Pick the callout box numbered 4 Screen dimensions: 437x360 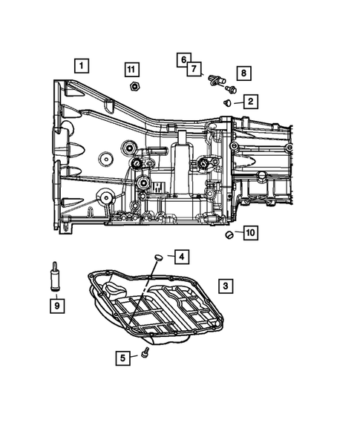[x=180, y=257]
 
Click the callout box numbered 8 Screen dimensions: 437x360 [x=243, y=73]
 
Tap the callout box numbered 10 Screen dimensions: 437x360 [x=249, y=233]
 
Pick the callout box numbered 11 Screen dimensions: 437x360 [x=131, y=70]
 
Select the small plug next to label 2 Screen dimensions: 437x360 [x=226, y=102]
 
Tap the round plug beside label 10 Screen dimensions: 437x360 [x=229, y=235]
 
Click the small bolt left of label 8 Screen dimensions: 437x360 [x=230, y=89]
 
